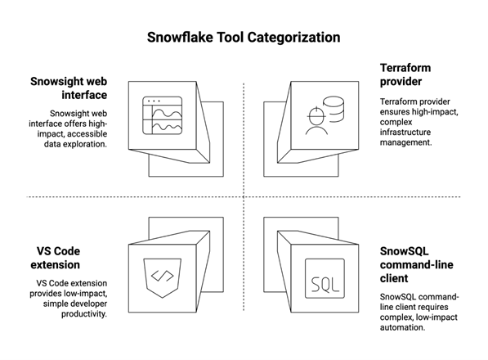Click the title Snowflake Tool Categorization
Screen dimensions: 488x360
[244, 37]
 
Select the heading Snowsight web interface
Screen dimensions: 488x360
[69, 88]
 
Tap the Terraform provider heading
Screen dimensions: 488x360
[405, 74]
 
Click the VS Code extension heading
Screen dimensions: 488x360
[55, 258]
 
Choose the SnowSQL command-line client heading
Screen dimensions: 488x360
[416, 264]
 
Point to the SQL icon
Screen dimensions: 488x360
[325, 278]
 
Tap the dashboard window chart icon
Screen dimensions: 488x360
[162, 115]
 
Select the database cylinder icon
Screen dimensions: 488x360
[334, 109]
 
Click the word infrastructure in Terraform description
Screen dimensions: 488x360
[405, 132]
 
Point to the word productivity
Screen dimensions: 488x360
[84, 313]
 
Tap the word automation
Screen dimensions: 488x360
[402, 327]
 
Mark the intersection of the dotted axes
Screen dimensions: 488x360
[244, 197]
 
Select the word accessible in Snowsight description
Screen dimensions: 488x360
[87, 134]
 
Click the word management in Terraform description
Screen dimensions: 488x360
[405, 142]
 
